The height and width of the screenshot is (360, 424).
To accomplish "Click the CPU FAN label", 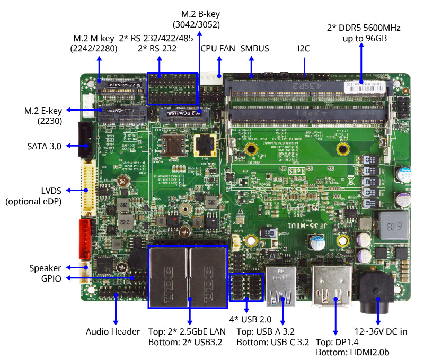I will point(217,49).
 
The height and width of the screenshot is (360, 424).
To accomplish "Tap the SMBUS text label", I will point(254,49).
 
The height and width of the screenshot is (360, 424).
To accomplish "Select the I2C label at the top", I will point(303,49).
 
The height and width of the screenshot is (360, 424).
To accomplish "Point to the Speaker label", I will point(46,268).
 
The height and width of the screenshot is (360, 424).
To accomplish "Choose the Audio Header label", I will point(113,332).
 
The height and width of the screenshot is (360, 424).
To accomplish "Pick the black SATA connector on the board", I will point(85,139).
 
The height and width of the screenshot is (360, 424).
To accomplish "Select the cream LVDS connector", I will point(87,189).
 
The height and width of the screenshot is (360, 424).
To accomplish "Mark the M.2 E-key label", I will point(44,115).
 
